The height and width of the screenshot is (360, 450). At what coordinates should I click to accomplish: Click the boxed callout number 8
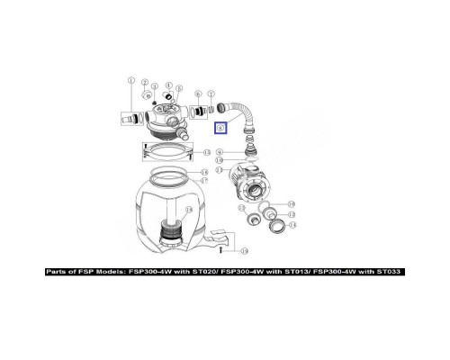coord(220,128)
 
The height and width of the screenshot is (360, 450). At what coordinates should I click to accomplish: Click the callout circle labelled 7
coord(211,94)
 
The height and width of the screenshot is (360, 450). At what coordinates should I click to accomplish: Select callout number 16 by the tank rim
coord(205,171)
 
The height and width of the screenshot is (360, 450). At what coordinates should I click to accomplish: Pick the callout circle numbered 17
coord(205,181)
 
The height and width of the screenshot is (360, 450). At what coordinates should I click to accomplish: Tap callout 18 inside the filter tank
coord(188,209)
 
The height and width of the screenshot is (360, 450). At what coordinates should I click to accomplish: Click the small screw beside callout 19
coord(232,249)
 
